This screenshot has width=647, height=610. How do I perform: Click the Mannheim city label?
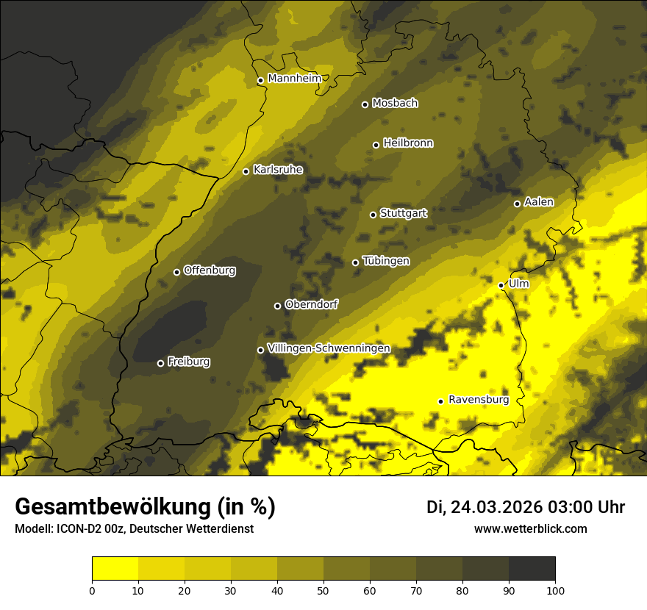pyautogui.click(x=294, y=79)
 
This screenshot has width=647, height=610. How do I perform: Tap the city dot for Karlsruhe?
pyautogui.click(x=246, y=171)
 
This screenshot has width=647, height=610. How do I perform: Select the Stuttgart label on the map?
pyautogui.click(x=403, y=213)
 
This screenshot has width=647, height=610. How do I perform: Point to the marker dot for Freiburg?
pyautogui.click(x=160, y=363)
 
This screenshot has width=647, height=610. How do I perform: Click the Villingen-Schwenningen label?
pyautogui.click(x=329, y=348)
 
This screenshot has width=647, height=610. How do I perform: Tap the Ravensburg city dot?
pyautogui.click(x=440, y=401)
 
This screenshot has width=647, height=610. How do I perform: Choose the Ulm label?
pyautogui.click(x=518, y=284)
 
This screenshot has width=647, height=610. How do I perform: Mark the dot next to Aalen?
pyautogui.click(x=517, y=204)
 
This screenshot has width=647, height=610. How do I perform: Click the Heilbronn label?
pyautogui.click(x=408, y=143)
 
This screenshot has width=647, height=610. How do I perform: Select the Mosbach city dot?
pyautogui.click(x=365, y=104)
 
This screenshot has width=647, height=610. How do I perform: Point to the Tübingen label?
pyautogui.click(x=386, y=261)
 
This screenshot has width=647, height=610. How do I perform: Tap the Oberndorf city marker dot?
pyautogui.click(x=277, y=306)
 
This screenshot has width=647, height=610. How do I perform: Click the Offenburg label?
pyautogui.click(x=210, y=270)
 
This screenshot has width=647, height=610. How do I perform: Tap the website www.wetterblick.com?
pyautogui.click(x=530, y=529)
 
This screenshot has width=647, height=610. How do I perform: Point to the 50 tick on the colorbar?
pyautogui.click(x=323, y=589)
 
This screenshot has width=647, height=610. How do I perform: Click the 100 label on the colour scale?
pyautogui.click(x=555, y=589)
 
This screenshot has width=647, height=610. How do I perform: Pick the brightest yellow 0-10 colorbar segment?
pyautogui.click(x=115, y=569)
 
